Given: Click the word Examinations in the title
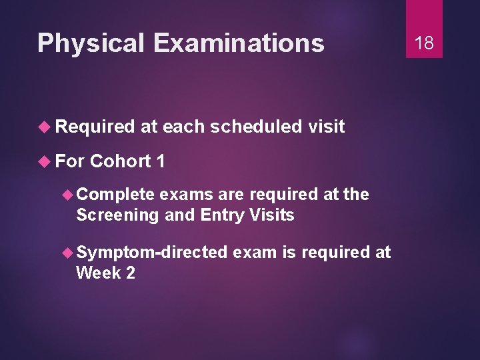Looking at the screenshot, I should pos(239,43).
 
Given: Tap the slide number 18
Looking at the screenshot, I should pos(424,43).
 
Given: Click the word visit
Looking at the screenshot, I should pos(327,127).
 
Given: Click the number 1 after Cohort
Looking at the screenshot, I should pos(160,161).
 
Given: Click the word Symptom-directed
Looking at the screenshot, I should pos(151,252).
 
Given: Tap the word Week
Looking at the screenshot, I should pos(97,272).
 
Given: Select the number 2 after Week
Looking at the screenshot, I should pos(129,272).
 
